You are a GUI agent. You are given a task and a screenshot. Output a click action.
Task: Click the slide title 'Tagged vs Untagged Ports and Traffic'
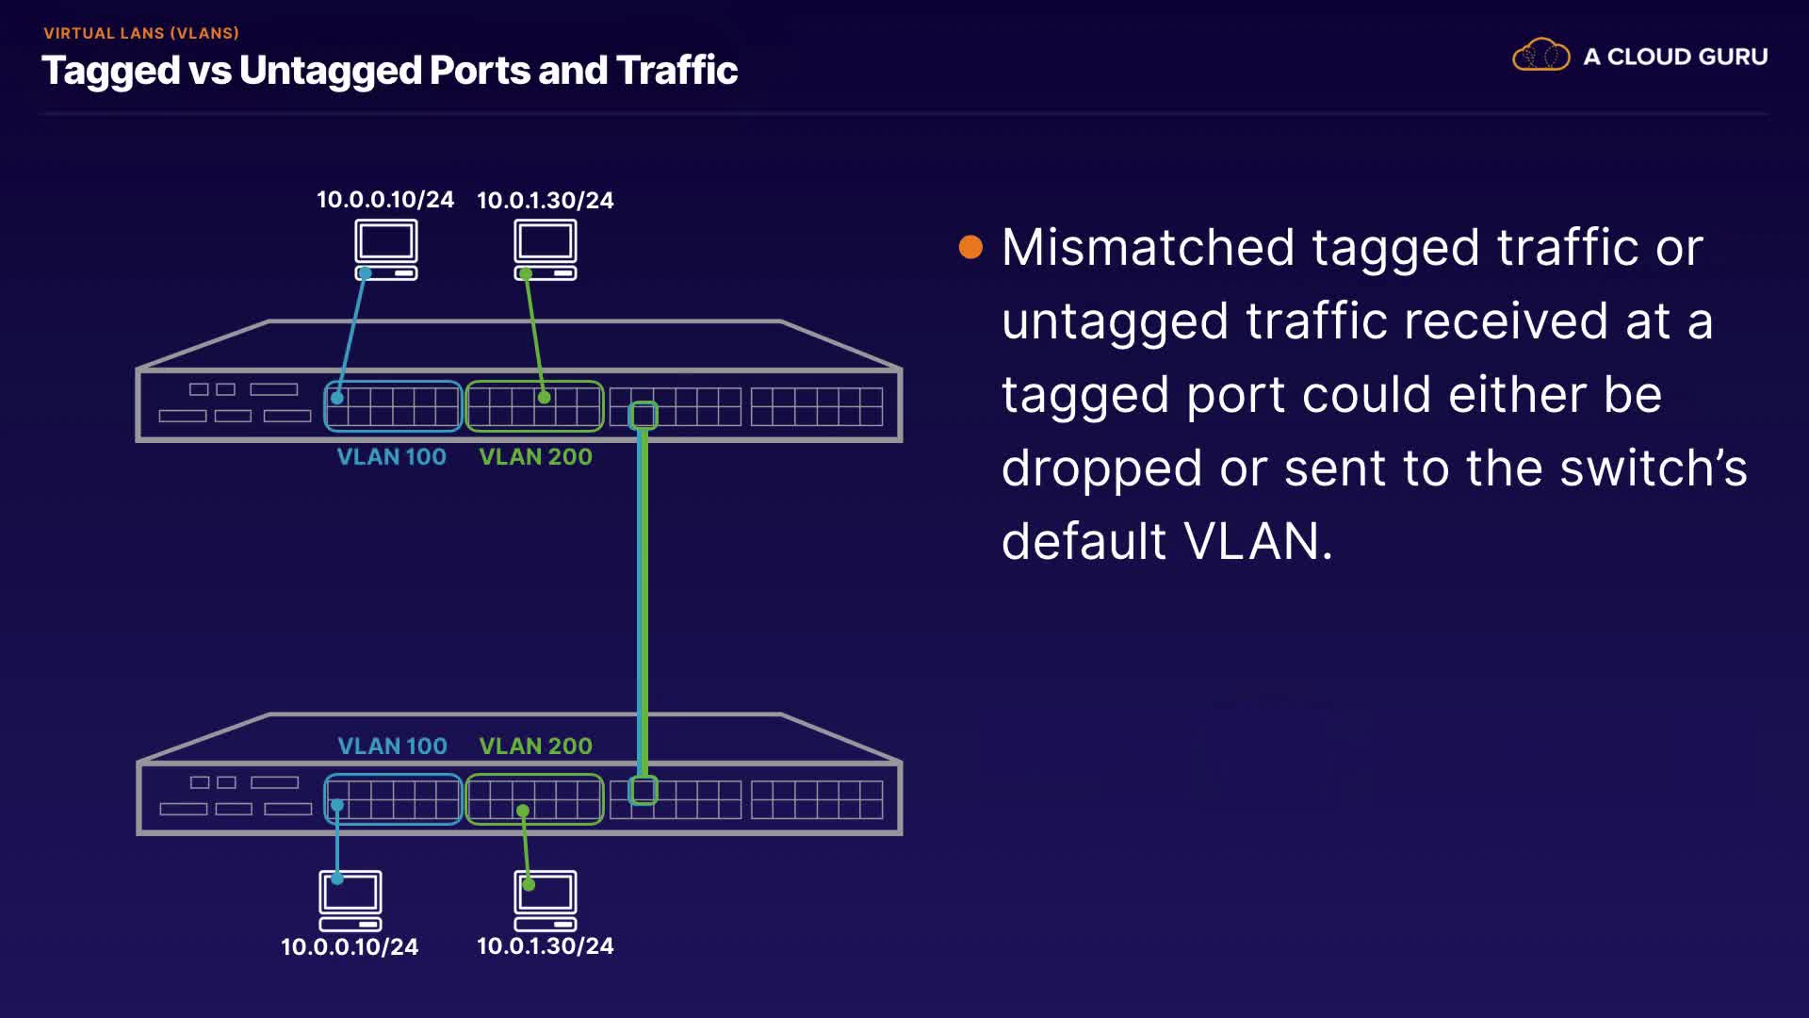(x=389, y=71)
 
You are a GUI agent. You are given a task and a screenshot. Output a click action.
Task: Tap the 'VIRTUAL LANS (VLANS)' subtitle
(x=141, y=33)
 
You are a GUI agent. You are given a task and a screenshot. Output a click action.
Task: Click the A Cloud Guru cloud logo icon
(x=1540, y=56)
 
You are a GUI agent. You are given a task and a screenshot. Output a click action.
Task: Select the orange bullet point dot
(x=970, y=247)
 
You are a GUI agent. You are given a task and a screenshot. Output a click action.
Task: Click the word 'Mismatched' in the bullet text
(x=1149, y=247)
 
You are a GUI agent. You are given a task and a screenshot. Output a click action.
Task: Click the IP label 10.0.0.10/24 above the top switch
(x=385, y=200)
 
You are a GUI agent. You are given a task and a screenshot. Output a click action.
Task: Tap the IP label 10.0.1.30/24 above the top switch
(x=546, y=200)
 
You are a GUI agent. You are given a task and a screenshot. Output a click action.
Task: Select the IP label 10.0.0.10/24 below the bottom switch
(x=350, y=946)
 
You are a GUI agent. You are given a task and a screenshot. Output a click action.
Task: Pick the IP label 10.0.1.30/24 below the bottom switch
(x=546, y=945)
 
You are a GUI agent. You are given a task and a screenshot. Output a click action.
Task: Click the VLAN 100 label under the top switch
(x=392, y=457)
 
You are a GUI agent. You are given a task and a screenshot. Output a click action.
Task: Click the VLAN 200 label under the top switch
(x=536, y=457)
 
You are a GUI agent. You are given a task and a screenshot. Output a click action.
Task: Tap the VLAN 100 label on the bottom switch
(x=393, y=746)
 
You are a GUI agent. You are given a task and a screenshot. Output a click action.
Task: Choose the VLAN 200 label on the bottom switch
(x=536, y=746)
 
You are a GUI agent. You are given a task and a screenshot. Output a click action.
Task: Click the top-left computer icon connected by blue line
(x=386, y=250)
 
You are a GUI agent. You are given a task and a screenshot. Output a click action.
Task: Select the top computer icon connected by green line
(x=546, y=250)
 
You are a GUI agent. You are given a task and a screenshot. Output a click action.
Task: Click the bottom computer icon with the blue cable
(x=350, y=900)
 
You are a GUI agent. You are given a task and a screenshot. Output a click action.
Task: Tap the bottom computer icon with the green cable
(x=546, y=900)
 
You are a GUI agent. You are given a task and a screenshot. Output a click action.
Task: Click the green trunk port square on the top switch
(x=644, y=415)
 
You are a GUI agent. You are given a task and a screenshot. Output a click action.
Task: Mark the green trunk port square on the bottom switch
(x=644, y=790)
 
